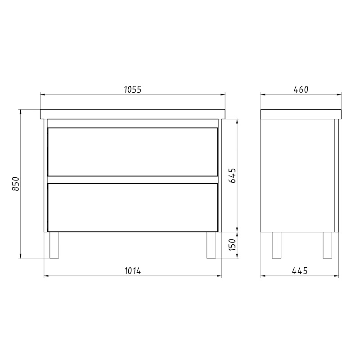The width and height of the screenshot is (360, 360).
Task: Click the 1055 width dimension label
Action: click(133, 90)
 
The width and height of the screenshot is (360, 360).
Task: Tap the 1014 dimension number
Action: click(133, 271)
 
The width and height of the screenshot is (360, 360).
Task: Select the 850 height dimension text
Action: click(15, 184)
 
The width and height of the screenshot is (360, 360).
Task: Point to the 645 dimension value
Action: click(232, 175)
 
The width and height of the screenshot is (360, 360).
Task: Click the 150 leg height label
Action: click(232, 245)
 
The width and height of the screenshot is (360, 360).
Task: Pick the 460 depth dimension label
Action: click(301, 90)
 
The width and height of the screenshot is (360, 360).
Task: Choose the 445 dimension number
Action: click(300, 271)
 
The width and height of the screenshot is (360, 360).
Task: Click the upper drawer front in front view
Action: click(132, 152)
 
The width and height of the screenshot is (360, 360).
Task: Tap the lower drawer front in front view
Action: click(132, 207)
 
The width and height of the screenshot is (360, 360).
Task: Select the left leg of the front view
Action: click(54, 245)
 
